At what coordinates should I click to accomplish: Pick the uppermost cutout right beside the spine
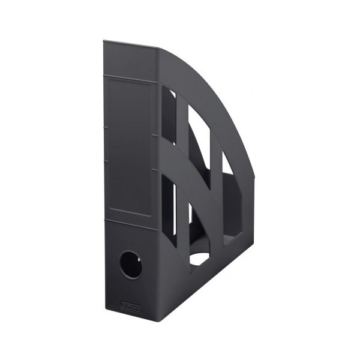click(x=172, y=117)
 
